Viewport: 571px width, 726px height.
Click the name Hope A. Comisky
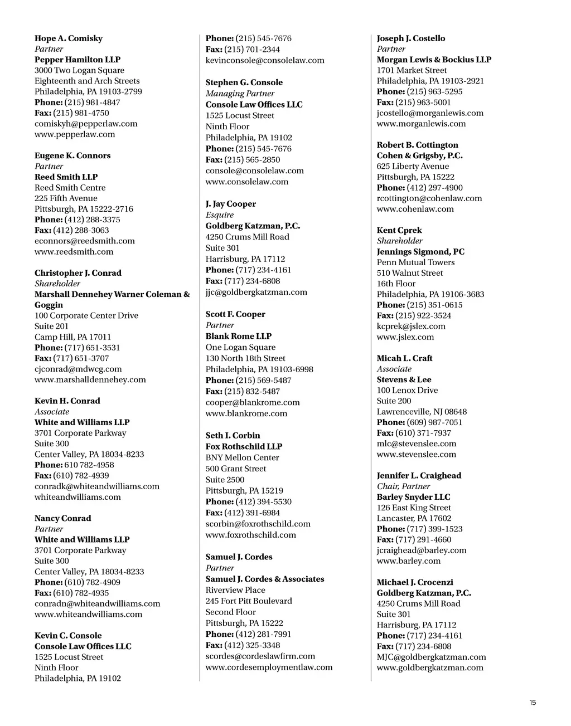click(69, 38)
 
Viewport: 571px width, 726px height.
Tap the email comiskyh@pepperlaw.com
click(86, 124)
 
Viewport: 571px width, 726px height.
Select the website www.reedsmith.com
click(74, 252)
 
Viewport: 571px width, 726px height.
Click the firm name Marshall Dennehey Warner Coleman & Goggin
click(112, 294)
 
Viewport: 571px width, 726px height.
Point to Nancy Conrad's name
click(62, 518)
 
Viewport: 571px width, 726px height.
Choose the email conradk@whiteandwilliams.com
click(97, 486)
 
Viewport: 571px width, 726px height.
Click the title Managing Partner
click(240, 94)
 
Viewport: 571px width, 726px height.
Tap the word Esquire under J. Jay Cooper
click(220, 215)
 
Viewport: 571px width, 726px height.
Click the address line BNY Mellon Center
click(242, 457)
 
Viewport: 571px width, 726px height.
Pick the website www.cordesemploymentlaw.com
click(269, 667)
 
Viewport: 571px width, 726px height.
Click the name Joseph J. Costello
click(411, 38)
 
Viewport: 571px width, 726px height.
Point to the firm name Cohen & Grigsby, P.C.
click(419, 156)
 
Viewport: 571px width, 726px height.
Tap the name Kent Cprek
click(399, 231)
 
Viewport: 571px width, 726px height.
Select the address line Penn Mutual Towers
click(415, 262)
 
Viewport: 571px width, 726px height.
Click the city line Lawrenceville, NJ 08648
click(422, 412)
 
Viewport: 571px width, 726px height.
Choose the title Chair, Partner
click(403, 486)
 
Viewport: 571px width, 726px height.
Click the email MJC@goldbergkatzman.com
click(431, 657)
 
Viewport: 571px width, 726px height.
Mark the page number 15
click(533, 703)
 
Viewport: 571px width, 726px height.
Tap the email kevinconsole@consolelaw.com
click(265, 60)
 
